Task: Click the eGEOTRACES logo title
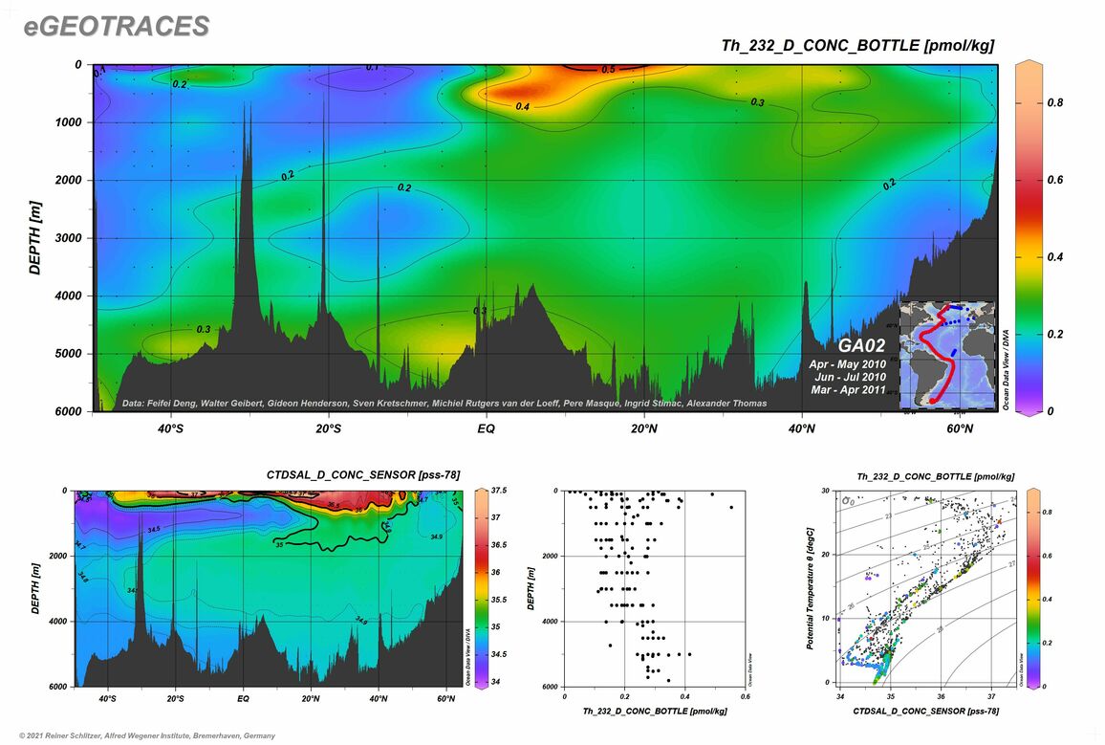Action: coord(117,27)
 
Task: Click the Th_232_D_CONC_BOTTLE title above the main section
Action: coord(856,46)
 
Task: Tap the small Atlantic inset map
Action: coord(946,354)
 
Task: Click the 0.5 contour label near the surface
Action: coord(608,70)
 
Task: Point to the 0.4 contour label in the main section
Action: coord(523,107)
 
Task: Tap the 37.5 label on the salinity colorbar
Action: coord(497,491)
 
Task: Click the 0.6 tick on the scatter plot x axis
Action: coord(744,697)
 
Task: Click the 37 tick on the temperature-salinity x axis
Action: coord(991,697)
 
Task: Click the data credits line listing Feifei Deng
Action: coord(444,404)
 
